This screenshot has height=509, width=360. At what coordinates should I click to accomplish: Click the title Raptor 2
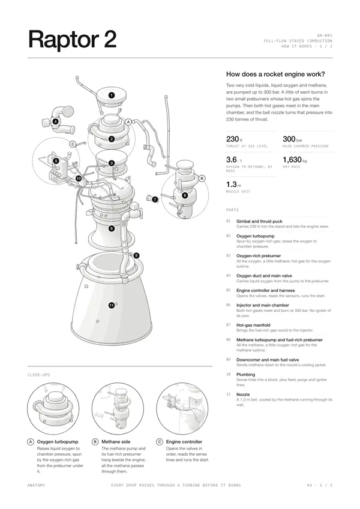pyautogui.click(x=72, y=40)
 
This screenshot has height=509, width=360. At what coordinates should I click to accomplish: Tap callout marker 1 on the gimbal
pyautogui.click(x=112, y=95)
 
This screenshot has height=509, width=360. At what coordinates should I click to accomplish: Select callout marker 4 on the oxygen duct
pyautogui.click(x=56, y=122)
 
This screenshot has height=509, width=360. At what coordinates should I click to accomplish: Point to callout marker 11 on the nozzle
pyautogui.click(x=112, y=305)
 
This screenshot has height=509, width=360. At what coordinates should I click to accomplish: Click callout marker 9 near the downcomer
pyautogui.click(x=136, y=255)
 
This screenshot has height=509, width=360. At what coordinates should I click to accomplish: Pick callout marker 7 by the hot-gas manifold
pyautogui.click(x=155, y=199)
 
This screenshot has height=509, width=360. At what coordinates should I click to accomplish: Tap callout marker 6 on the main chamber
pyautogui.click(x=112, y=228)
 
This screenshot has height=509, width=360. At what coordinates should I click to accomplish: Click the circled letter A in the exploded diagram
pyautogui.click(x=128, y=122)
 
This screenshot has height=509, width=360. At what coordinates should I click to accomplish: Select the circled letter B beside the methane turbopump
pyautogui.click(x=202, y=178)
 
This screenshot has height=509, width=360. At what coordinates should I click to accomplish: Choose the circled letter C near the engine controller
pyautogui.click(x=73, y=144)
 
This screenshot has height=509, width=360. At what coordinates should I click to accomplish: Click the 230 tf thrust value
pyautogui.click(x=234, y=139)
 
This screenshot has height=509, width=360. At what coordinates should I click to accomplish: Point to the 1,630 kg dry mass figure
pyautogui.click(x=295, y=159)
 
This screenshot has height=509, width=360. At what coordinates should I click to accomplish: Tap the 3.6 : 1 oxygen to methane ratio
pyautogui.click(x=234, y=159)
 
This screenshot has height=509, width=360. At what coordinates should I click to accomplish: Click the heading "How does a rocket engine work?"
pyautogui.click(x=275, y=74)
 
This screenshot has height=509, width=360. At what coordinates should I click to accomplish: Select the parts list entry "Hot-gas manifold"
pyautogui.click(x=253, y=325)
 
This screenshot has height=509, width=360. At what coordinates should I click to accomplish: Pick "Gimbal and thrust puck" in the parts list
pyautogui.click(x=259, y=221)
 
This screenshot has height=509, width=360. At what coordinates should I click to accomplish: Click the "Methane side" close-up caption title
pyautogui.click(x=116, y=441)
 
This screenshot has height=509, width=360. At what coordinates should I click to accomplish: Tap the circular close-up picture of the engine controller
pyautogui.click(x=182, y=408)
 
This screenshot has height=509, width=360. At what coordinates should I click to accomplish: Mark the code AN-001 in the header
pyautogui.click(x=325, y=35)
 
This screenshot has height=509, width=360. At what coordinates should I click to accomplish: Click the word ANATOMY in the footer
pyautogui.click(x=37, y=485)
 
